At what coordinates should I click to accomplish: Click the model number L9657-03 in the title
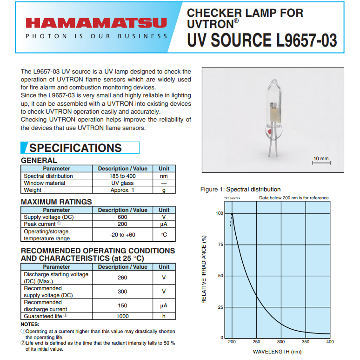pyautogui.click(x=307, y=40)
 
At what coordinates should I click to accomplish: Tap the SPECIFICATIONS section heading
pyautogui.click(x=75, y=148)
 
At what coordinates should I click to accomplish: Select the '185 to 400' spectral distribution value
pyautogui.click(x=122, y=176)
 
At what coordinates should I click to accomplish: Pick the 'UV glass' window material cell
pyautogui.click(x=122, y=183)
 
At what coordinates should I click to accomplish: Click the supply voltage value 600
pyautogui.click(x=122, y=217)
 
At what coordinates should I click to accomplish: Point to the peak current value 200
pyautogui.click(x=122, y=224)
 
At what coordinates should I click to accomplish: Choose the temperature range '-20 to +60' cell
pyautogui.click(x=122, y=235)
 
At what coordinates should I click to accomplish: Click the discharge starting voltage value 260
pyautogui.click(x=122, y=278)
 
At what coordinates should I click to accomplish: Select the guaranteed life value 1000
pyautogui.click(x=122, y=316)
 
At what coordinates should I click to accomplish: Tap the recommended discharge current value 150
pyautogui.click(x=122, y=306)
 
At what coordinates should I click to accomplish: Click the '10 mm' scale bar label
pyautogui.click(x=320, y=159)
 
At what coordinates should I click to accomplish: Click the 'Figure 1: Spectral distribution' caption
pyautogui.click(x=240, y=190)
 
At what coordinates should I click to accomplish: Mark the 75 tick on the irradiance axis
pyautogui.click(x=220, y=245)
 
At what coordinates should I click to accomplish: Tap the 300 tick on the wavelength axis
pyautogui.click(x=281, y=342)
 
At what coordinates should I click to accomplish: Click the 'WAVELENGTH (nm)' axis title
pyautogui.click(x=277, y=352)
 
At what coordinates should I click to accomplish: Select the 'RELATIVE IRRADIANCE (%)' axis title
pyautogui.click(x=204, y=270)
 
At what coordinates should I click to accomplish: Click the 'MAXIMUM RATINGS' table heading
pyautogui.click(x=56, y=202)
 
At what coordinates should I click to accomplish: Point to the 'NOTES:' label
pyautogui.click(x=30, y=324)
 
